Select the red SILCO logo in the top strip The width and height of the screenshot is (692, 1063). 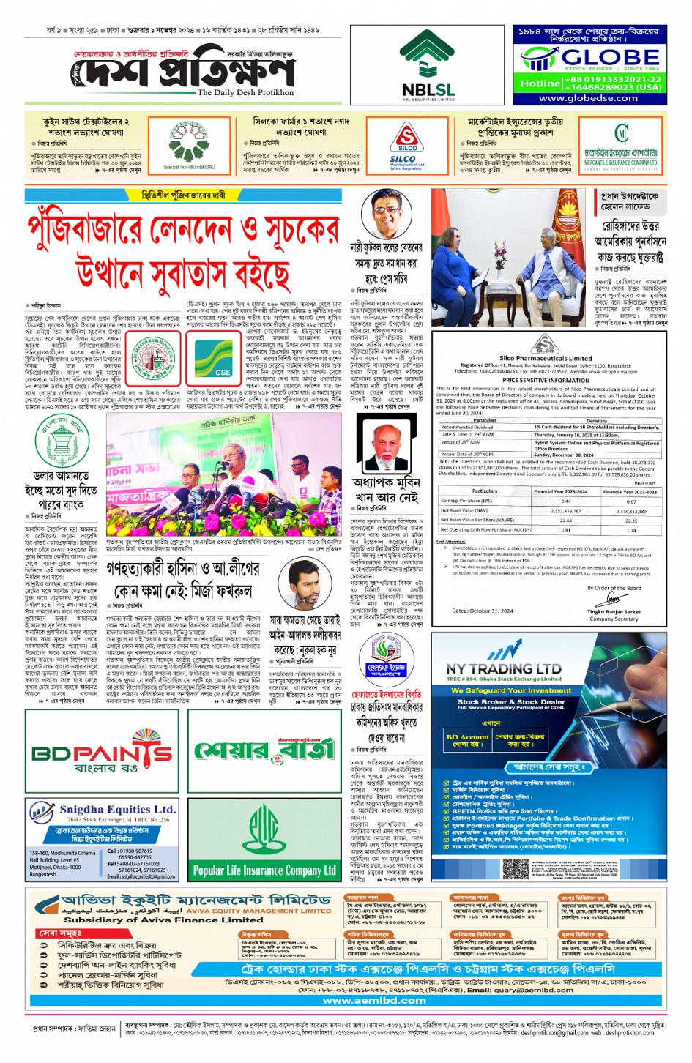coord(407,139)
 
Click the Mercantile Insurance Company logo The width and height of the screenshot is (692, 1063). coord(621,135)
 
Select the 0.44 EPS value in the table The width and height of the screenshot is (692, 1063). coord(565,501)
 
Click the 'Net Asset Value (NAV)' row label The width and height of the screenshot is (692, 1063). coord(464,510)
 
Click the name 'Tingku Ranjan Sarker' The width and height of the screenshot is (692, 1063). coord(614,611)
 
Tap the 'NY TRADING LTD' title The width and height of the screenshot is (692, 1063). coord(504,668)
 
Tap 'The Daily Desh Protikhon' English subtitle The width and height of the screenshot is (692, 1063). coord(245,93)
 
